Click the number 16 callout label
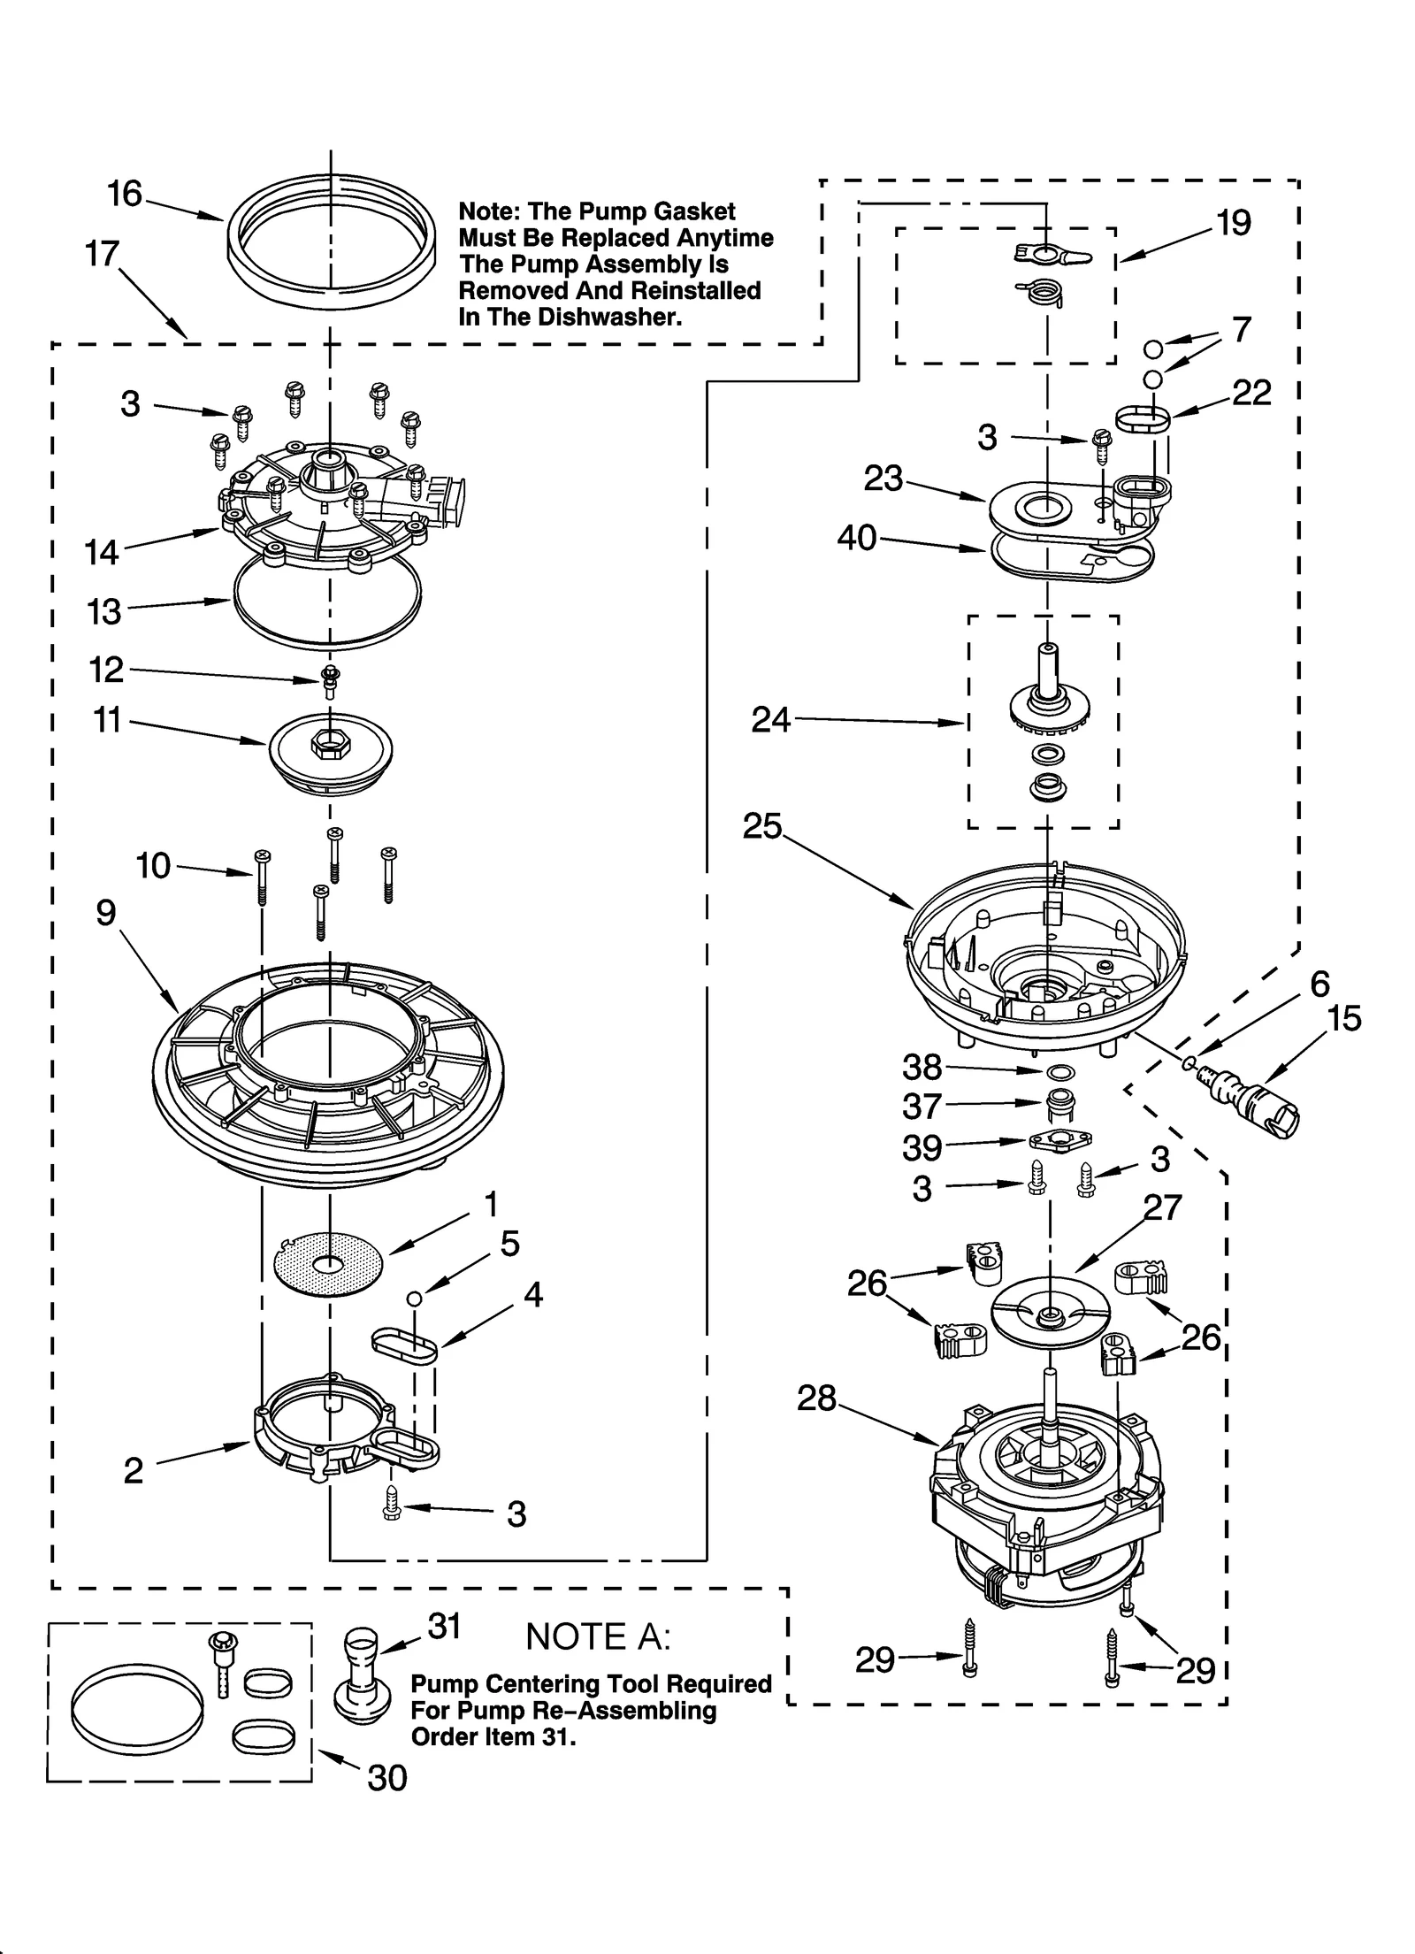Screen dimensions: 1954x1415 [124, 194]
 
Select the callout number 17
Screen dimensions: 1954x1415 [102, 254]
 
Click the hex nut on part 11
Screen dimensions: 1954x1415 [325, 745]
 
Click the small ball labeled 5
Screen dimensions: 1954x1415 [413, 1299]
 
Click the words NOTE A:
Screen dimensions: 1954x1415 [598, 1637]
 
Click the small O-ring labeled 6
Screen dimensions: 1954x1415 [1191, 1063]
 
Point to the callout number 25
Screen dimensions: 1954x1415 [762, 826]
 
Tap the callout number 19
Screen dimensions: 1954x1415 [1233, 223]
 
